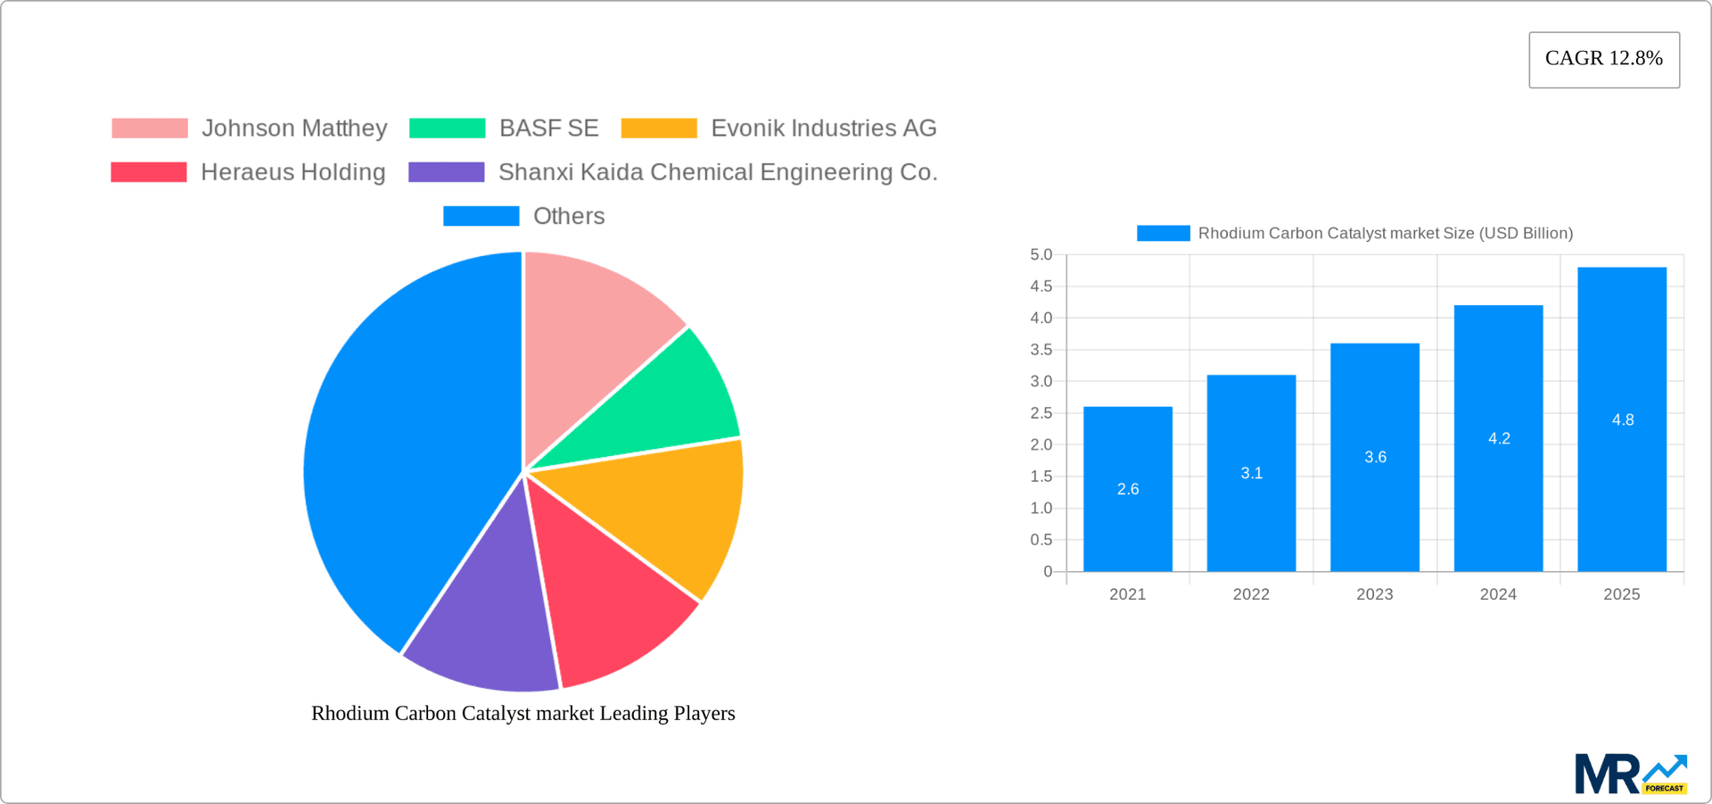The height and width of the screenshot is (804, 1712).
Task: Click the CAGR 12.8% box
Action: (x=1603, y=59)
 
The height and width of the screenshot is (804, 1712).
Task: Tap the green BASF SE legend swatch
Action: (x=447, y=128)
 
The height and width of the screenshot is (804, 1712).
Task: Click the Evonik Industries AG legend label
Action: (x=822, y=128)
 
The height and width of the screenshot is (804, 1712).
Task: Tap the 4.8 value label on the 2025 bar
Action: (x=1622, y=420)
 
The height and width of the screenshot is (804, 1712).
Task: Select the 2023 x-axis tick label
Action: (x=1374, y=594)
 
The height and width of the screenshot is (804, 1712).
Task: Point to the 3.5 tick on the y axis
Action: (x=1041, y=350)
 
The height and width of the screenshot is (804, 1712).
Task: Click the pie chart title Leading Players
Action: (x=523, y=714)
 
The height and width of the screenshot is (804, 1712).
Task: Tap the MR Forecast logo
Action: (x=1630, y=774)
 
